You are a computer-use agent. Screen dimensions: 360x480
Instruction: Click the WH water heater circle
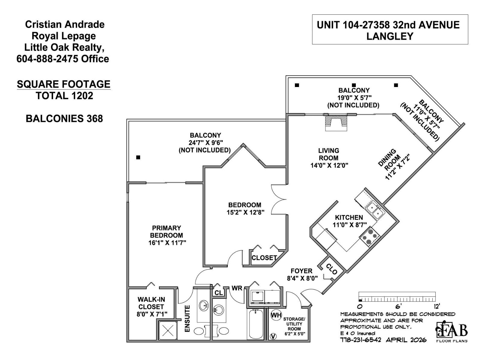(x=276, y=315)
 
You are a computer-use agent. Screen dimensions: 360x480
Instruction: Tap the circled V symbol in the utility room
(x=273, y=336)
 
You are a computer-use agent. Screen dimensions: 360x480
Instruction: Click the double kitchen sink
(x=375, y=210)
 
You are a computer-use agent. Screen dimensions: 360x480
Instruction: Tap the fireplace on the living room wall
(x=336, y=123)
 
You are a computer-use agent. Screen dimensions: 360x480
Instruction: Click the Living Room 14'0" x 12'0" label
(x=329, y=158)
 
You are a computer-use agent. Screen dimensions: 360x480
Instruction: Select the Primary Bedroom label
(x=167, y=235)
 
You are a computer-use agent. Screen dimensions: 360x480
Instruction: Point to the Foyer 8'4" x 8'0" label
(x=302, y=274)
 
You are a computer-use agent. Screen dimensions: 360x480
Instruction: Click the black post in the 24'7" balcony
(x=138, y=157)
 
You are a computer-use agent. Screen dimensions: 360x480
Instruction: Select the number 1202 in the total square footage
(x=82, y=96)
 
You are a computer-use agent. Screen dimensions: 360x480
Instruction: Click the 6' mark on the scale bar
(x=398, y=306)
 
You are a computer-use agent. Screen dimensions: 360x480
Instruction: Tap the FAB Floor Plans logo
(x=451, y=331)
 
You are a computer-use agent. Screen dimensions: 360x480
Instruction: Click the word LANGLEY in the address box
(x=390, y=36)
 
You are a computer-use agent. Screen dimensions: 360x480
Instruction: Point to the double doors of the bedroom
(x=279, y=199)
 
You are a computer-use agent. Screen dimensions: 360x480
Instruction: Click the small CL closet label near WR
(x=219, y=293)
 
